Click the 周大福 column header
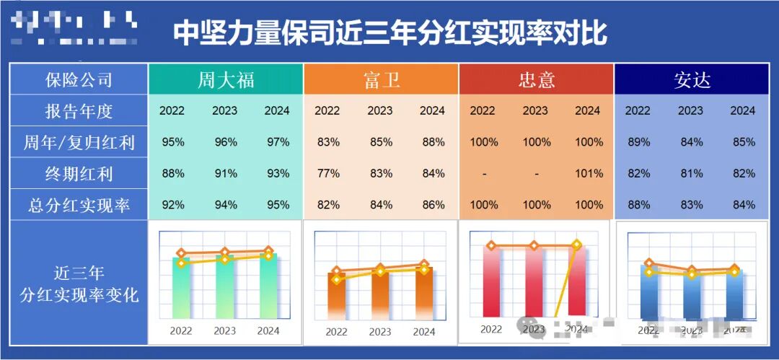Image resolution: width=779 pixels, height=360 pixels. coord(226,79)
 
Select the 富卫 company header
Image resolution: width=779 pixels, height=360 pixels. coord(381,79)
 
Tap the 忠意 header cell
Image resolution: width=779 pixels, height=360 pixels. coord(536,79)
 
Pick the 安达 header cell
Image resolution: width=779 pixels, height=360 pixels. coord(692,79)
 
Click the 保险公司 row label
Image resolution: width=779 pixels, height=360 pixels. coord(79,79)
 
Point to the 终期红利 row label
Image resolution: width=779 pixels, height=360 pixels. coord(79,174)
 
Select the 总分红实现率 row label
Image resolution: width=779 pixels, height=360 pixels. coord(79,206)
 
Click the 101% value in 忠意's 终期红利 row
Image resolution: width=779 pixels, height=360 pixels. coord(589,174)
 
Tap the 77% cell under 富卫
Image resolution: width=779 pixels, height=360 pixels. coord(328,174)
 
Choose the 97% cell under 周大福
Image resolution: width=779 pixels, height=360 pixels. coord(278,142)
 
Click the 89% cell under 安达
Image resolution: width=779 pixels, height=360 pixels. coord(638,142)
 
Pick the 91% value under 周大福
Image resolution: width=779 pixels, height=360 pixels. coord(226,174)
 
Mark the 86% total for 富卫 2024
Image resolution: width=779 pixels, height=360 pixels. coord(433,206)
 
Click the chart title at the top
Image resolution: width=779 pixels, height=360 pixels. coord(389,32)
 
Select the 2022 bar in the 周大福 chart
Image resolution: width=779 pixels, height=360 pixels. coord(181,289)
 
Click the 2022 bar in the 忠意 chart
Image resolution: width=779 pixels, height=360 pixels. coord(491,281)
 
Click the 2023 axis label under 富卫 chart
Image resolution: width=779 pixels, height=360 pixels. coord(380,332)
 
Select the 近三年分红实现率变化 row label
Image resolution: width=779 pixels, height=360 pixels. coord(79,284)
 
